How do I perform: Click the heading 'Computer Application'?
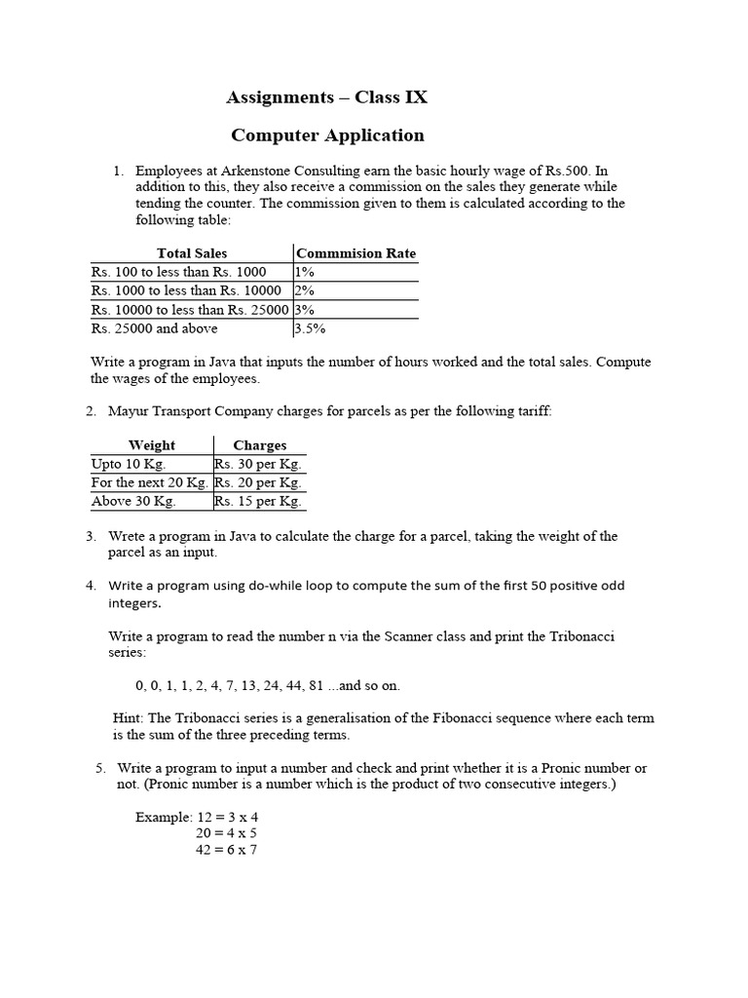tap(326, 135)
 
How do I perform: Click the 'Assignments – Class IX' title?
tap(326, 97)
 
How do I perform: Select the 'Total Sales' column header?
tap(191, 253)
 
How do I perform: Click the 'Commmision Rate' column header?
tap(355, 253)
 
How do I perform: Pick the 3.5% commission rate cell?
tap(310, 328)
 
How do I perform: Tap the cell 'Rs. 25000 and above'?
tap(154, 328)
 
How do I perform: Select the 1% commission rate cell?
tap(304, 272)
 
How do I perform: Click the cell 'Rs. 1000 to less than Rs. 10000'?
tap(186, 290)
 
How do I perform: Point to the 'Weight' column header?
tap(152, 445)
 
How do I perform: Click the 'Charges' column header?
tap(259, 445)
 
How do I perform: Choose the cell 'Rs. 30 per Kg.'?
tap(258, 464)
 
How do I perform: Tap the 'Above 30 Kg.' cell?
tap(133, 501)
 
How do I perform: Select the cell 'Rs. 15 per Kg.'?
tap(258, 501)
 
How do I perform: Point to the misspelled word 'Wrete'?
tap(127, 536)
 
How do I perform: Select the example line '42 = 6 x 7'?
tap(226, 850)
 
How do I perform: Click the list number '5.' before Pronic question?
tap(101, 768)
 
